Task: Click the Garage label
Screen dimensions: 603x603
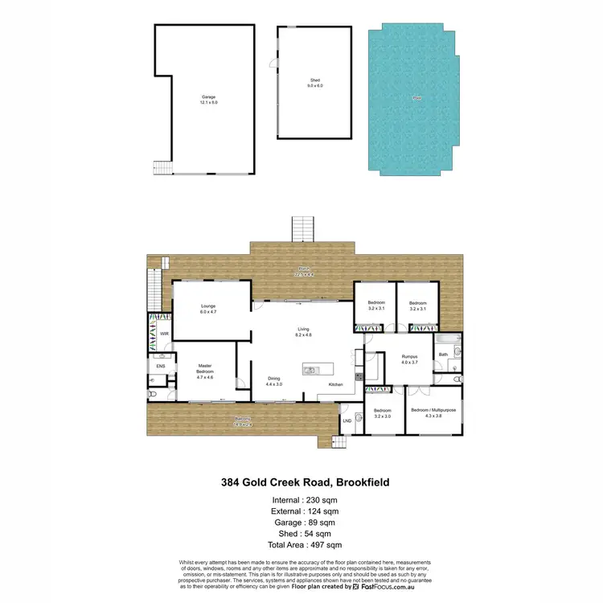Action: [209, 100]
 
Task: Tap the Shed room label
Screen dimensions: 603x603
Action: [315, 81]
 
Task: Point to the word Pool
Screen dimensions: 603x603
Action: [416, 98]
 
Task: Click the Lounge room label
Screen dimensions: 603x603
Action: [208, 309]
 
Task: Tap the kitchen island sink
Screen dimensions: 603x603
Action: [311, 370]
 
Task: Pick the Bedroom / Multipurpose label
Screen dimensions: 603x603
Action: [433, 412]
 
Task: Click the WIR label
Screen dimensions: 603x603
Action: [163, 333]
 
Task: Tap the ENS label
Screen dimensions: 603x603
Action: [160, 366]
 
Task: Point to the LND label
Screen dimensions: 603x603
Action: [347, 420]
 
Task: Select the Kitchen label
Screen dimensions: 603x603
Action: [336, 384]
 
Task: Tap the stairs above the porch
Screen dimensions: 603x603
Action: [301, 229]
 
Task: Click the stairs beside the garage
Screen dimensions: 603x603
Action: [163, 168]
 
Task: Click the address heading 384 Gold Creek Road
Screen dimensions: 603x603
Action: [306, 482]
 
